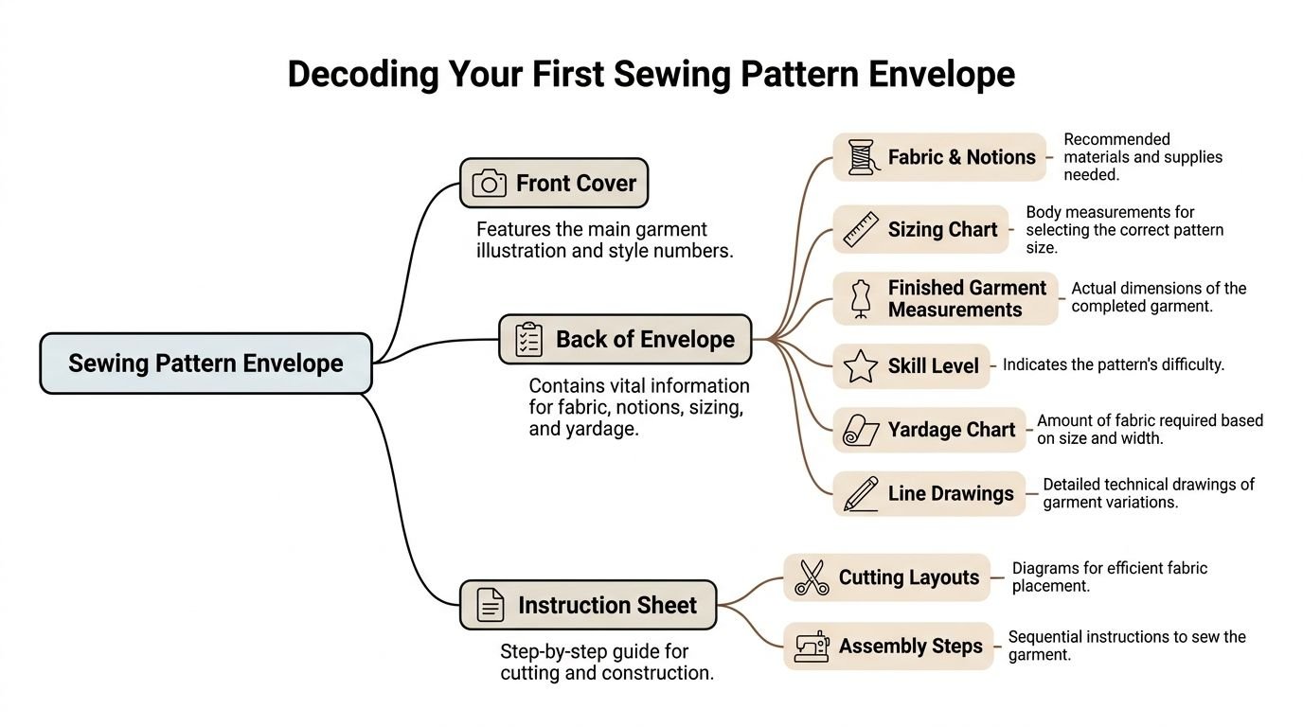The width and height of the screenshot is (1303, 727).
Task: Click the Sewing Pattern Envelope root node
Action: coord(205,363)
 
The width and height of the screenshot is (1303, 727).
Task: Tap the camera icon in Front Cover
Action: coord(489,183)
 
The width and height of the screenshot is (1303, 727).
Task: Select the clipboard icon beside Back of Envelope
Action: coord(528,340)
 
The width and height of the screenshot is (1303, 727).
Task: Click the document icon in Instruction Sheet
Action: coord(490,605)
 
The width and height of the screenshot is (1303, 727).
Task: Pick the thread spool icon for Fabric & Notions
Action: coord(861,157)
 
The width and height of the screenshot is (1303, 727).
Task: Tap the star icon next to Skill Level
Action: coord(861,366)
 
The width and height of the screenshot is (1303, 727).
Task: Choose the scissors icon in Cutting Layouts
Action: coord(811,577)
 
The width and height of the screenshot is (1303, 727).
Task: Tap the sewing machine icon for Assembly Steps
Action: coord(811,647)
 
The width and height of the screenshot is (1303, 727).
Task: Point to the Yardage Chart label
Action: coord(951,430)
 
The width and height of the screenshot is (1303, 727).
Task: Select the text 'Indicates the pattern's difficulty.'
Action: coord(1113,364)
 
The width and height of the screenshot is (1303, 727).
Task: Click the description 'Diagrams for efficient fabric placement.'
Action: coord(1109,577)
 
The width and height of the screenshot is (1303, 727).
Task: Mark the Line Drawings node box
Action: coord(928,493)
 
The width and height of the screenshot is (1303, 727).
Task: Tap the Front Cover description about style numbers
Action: coord(604,240)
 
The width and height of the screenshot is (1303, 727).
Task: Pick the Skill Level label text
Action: coord(933,366)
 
